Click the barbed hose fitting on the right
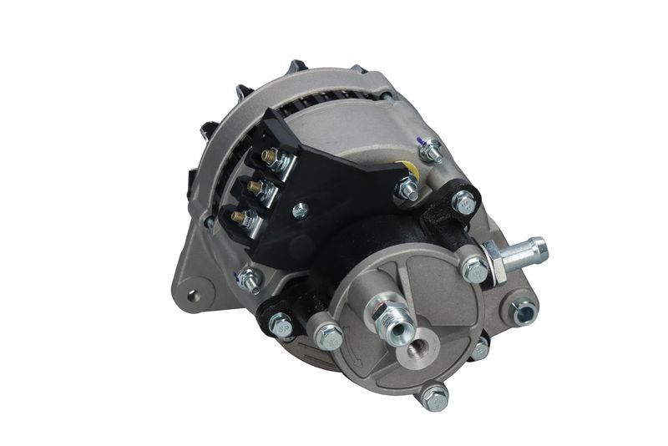tap(526, 251)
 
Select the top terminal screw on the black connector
tap(269, 156)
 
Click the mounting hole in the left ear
tap(195, 294)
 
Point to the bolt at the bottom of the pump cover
tap(433, 395)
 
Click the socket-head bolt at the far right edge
tap(524, 311)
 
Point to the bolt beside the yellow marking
tap(408, 190)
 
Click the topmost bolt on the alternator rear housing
tap(430, 152)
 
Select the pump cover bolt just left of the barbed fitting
tap(473, 270)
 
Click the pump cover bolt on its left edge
tap(328, 337)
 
